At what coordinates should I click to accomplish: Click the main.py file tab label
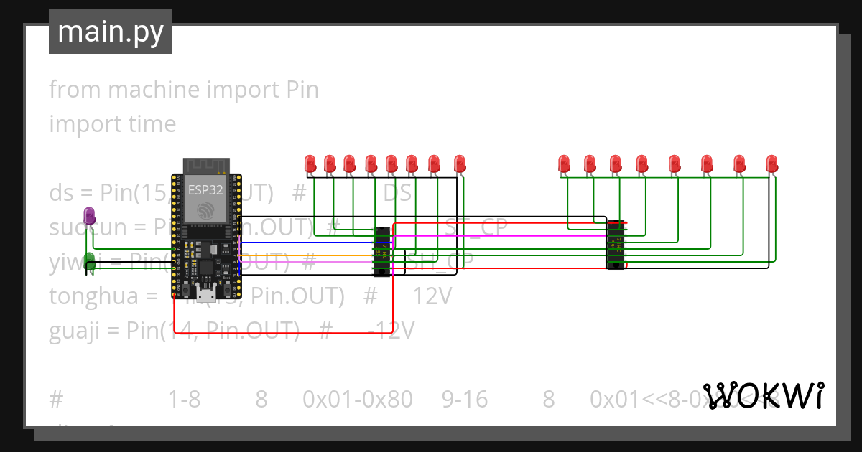[110, 32]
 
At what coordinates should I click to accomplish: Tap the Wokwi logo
[763, 395]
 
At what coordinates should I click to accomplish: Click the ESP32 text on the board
[205, 190]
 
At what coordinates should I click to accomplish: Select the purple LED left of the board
[89, 215]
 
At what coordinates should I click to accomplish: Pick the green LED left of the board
[90, 260]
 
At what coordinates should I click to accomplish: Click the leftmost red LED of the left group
[310, 164]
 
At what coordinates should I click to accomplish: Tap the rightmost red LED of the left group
[460, 164]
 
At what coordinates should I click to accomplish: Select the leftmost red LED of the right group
[565, 164]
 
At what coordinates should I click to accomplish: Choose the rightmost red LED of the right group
[771, 164]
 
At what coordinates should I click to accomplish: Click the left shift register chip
[382, 251]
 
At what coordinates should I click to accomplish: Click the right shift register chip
[616, 245]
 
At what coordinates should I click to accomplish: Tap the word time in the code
[149, 124]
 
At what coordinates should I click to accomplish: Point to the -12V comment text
[391, 330]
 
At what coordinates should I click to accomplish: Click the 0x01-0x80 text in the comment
[358, 399]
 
